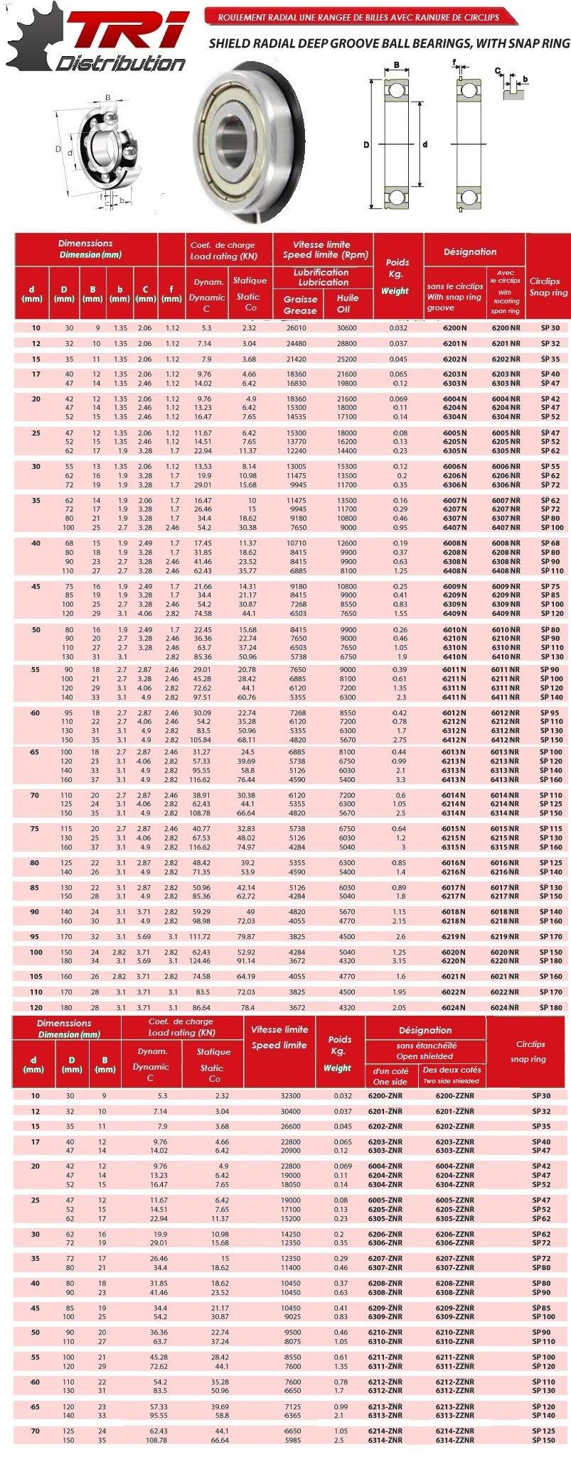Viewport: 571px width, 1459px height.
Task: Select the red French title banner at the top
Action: pyautogui.click(x=358, y=17)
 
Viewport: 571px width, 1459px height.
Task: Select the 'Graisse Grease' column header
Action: pyautogui.click(x=300, y=304)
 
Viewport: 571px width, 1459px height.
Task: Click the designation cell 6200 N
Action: pyautogui.click(x=454, y=328)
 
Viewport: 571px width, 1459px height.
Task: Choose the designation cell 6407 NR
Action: pyautogui.click(x=506, y=528)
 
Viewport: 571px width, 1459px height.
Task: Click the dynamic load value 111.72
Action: pyautogui.click(x=201, y=936)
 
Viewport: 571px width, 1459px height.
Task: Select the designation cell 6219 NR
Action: pyautogui.click(x=506, y=936)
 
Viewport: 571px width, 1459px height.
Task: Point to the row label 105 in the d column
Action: pyautogui.click(x=36, y=976)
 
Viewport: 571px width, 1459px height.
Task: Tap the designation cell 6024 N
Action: pyautogui.click(x=454, y=1007)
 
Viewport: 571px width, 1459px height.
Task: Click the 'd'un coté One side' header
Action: pyautogui.click(x=390, y=1075)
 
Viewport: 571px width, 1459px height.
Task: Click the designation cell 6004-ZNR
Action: pyautogui.click(x=385, y=1166)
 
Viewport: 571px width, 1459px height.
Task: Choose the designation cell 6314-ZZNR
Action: pyautogui.click(x=454, y=1440)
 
